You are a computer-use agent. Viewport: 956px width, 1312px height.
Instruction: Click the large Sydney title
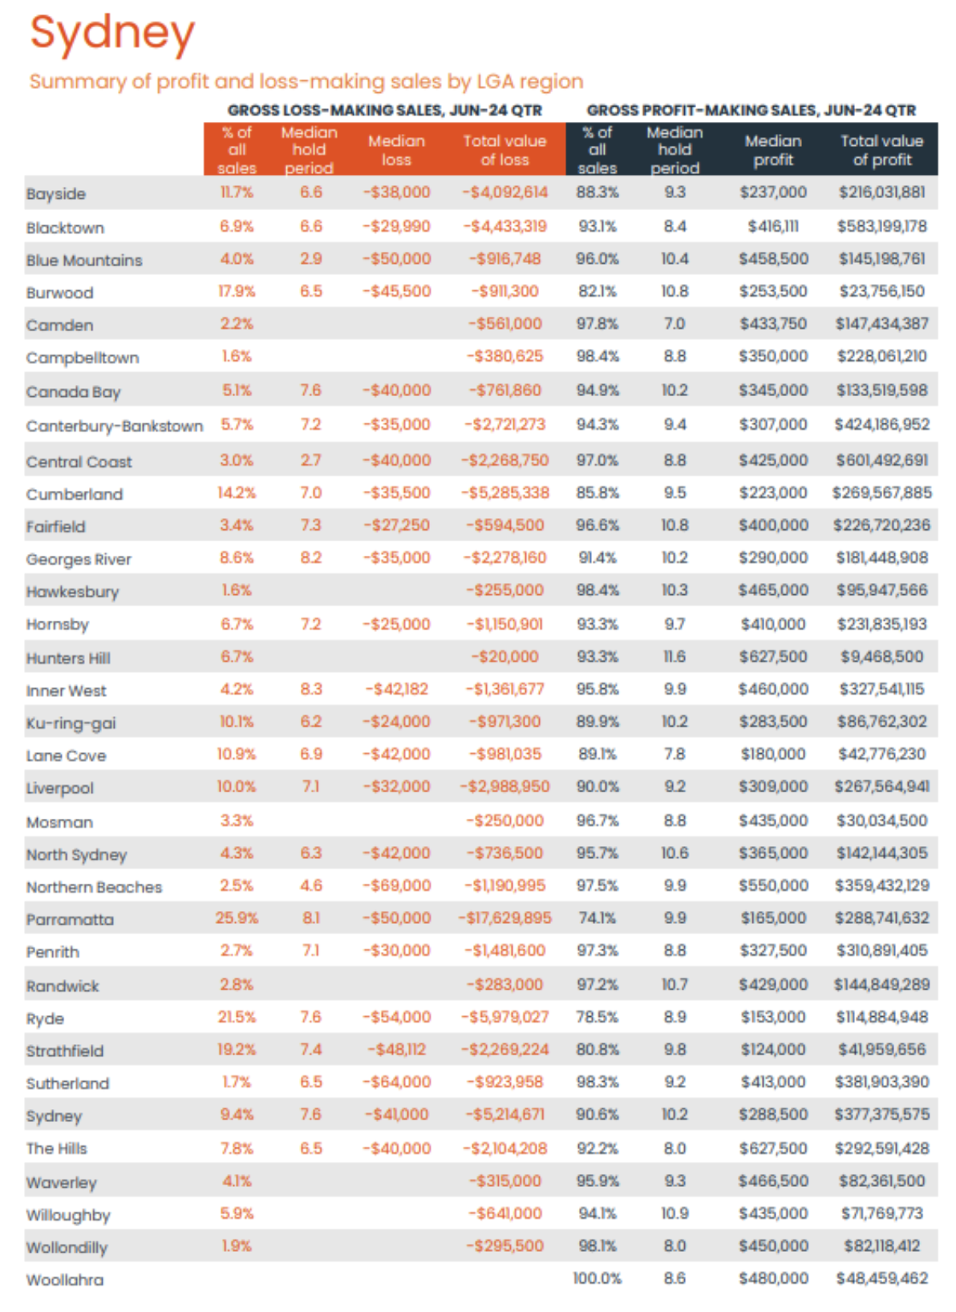pos(112,34)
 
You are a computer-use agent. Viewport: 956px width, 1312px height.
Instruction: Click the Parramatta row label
pos(70,920)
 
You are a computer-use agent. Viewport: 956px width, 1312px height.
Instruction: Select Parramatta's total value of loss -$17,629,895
pos(504,918)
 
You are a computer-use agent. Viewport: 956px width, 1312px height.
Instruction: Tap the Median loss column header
pos(396,150)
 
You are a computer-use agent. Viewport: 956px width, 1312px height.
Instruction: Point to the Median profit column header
pos(772,150)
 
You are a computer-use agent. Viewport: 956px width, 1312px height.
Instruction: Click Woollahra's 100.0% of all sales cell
pos(597,1278)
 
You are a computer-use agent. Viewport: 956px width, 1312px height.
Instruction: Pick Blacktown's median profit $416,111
pos(772,227)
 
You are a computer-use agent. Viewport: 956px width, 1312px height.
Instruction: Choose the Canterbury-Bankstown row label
pos(114,426)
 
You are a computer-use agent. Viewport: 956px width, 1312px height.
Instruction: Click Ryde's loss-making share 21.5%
pos(236,1017)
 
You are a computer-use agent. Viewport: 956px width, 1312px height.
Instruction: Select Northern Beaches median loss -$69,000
pos(396,886)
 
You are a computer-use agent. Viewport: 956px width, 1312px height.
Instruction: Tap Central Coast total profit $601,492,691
pos(881,460)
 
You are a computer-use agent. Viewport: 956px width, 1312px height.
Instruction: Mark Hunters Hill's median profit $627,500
pos(772,657)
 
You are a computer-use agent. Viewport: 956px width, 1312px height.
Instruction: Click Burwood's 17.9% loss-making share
pos(236,291)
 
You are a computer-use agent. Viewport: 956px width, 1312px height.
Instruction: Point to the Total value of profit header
pos(881,150)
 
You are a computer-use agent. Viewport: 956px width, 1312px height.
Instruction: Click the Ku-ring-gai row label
pos(71,723)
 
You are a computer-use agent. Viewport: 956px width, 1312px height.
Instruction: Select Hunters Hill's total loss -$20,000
pos(504,657)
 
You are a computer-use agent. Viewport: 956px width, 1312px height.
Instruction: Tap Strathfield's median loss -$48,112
pos(396,1049)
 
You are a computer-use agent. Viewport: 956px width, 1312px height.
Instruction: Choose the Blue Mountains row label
pos(84,261)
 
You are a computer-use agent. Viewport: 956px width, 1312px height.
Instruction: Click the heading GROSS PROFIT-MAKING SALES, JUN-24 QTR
pos(751,110)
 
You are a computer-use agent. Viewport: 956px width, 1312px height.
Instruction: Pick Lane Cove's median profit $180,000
pos(772,754)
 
